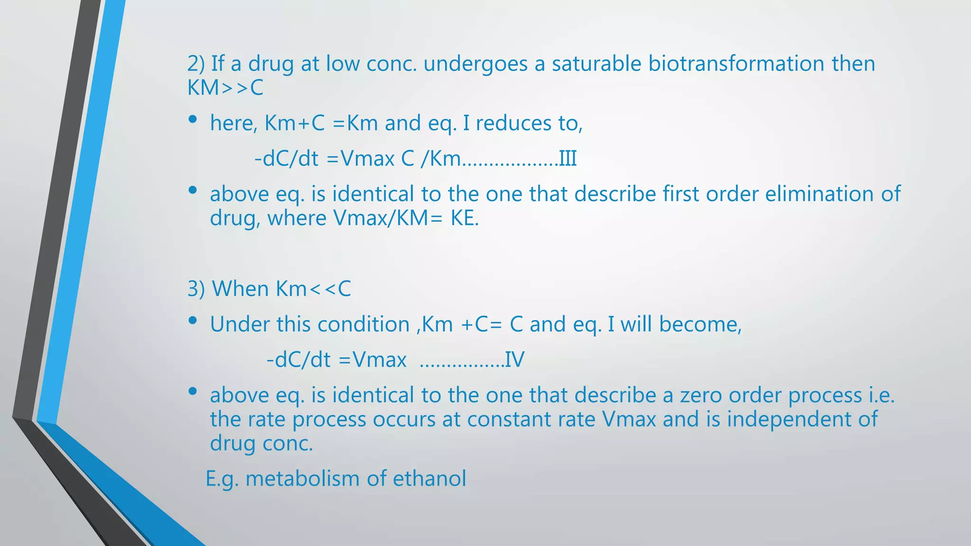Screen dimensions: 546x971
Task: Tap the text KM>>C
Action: pyautogui.click(x=225, y=88)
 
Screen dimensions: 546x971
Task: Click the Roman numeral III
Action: pyautogui.click(x=568, y=158)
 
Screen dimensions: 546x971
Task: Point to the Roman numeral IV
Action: pyautogui.click(x=514, y=360)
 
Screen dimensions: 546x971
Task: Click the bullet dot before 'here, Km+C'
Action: pyautogui.click(x=192, y=120)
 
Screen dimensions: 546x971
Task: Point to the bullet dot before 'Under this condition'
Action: pyautogui.click(x=192, y=321)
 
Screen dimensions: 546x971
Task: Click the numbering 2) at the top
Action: pyautogui.click(x=196, y=64)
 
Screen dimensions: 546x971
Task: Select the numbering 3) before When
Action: pyautogui.click(x=196, y=289)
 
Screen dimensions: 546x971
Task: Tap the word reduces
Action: pyautogui.click(x=513, y=123)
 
